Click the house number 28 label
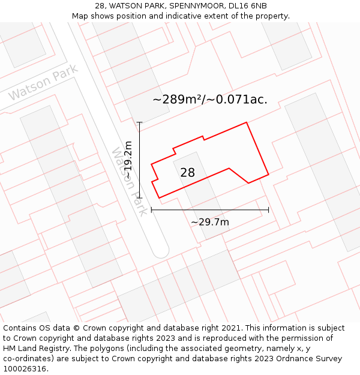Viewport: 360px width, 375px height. [187, 173]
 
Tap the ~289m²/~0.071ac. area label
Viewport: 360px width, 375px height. [210, 100]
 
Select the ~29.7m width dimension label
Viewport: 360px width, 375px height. [210, 222]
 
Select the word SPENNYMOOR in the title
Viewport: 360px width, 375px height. [197, 6]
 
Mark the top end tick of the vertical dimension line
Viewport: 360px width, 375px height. [139, 122]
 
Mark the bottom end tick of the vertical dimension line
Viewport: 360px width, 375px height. [139, 197]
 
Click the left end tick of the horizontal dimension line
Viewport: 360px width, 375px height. [151, 209]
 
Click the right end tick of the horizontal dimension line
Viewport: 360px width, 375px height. [268, 209]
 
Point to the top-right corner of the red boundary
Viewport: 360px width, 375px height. [247, 123]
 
